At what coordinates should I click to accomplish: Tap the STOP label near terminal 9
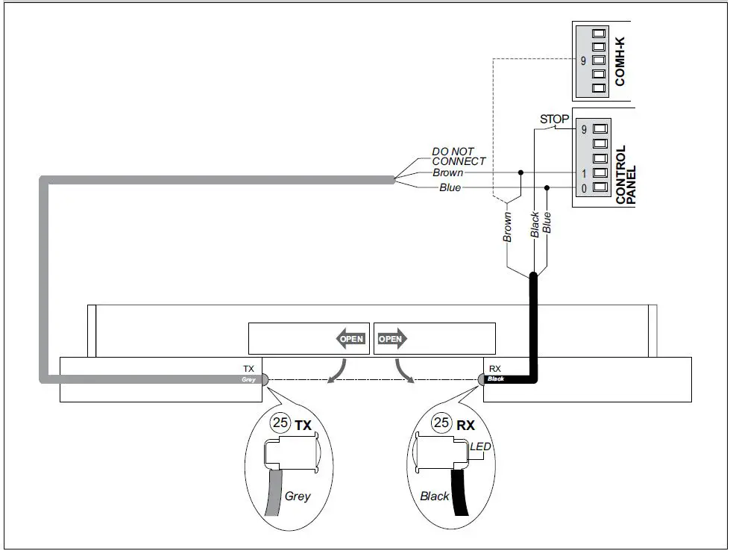(x=554, y=119)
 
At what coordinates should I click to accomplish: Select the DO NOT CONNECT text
(x=459, y=156)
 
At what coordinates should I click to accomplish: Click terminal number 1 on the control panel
(x=584, y=173)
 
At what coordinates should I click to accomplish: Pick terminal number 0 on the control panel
(x=584, y=188)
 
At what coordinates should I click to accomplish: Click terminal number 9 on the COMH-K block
(x=583, y=61)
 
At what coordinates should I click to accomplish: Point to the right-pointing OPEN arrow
(x=391, y=339)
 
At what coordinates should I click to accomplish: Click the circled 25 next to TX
(x=280, y=423)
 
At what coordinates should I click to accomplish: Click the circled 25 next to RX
(x=441, y=423)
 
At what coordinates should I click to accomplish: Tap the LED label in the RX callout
(x=481, y=446)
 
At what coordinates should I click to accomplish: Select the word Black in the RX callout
(x=434, y=496)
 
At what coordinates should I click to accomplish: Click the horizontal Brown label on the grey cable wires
(x=447, y=172)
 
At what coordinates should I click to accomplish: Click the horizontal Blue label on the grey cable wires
(x=450, y=187)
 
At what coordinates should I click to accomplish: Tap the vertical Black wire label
(x=535, y=224)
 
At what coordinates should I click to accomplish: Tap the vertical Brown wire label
(x=507, y=226)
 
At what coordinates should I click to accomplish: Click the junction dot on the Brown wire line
(x=521, y=172)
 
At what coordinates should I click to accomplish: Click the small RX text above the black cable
(x=494, y=369)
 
